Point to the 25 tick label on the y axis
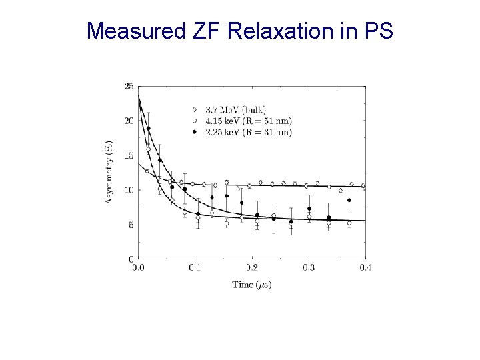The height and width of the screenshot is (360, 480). point(128,86)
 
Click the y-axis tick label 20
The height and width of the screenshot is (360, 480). point(128,121)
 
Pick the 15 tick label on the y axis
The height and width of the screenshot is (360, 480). point(128,155)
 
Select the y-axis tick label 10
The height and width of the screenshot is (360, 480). point(128,190)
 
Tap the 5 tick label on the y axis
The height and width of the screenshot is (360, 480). point(130,225)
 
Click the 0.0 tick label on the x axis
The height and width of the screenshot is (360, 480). point(138,267)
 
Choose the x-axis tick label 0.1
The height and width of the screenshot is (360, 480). point(195,267)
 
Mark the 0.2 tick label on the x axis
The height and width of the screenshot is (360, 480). point(251,267)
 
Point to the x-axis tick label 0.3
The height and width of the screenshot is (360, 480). point(309,267)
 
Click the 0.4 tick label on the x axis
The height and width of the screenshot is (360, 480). point(365,267)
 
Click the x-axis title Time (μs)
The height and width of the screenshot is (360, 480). point(251,285)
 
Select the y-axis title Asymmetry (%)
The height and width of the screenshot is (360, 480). point(109,172)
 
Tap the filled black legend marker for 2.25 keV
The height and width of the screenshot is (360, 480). point(194,132)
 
